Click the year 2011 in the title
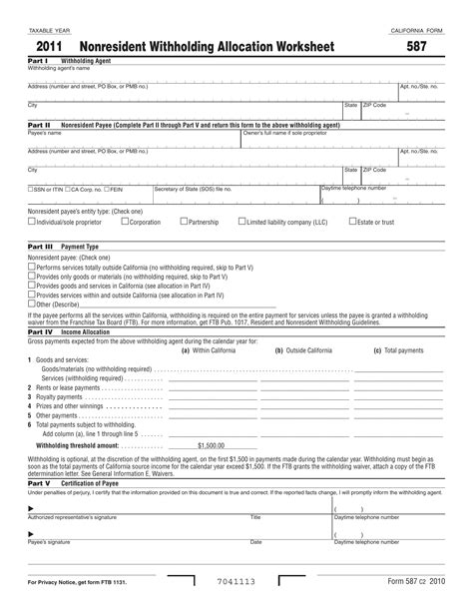tap(53, 47)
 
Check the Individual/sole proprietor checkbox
tap(31, 222)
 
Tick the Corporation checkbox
tap(124, 222)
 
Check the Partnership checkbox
tap(183, 222)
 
